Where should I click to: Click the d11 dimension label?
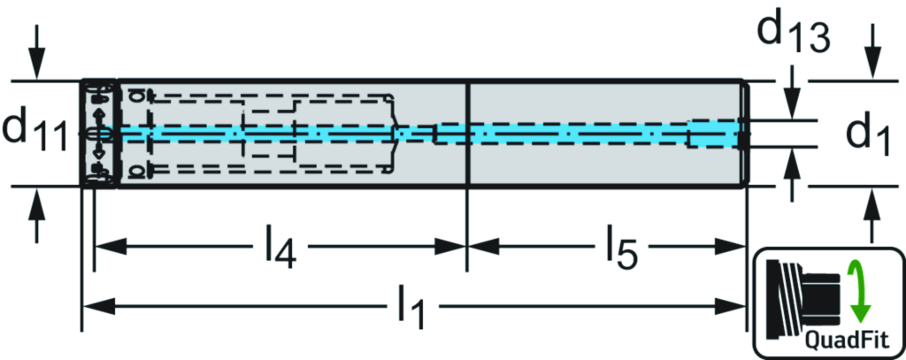point(35,133)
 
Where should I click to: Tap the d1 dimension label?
point(866,134)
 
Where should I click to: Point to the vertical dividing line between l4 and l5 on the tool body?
point(466,133)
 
